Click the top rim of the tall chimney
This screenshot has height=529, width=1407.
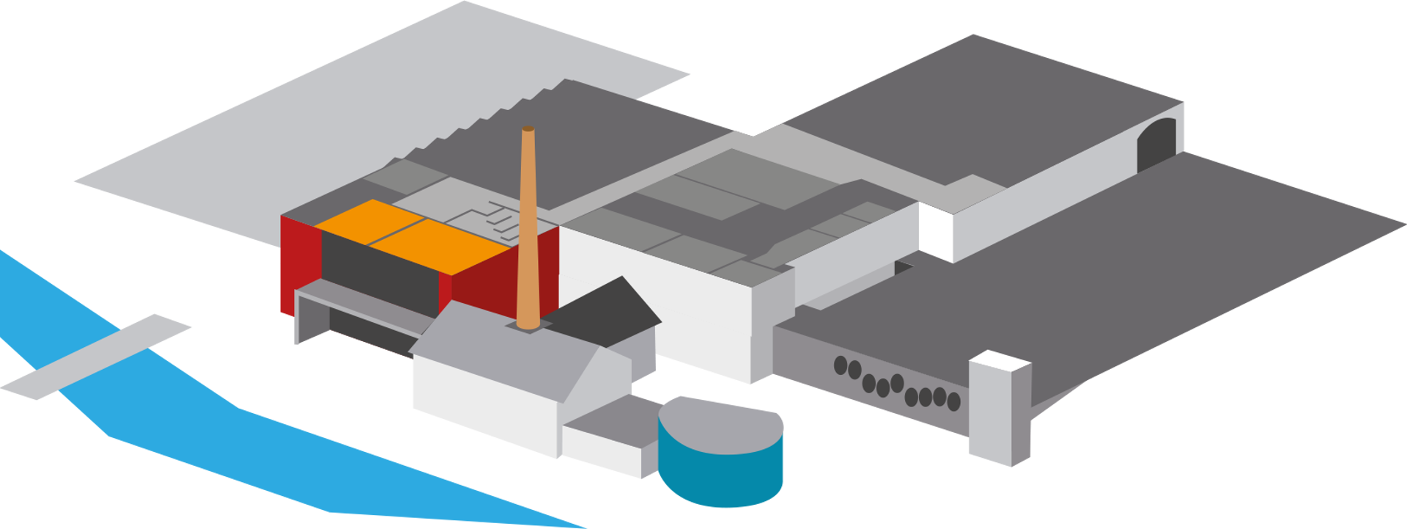tap(528, 129)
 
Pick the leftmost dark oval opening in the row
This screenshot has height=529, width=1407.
tap(841, 365)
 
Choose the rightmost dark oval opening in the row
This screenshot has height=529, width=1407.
tap(953, 401)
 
